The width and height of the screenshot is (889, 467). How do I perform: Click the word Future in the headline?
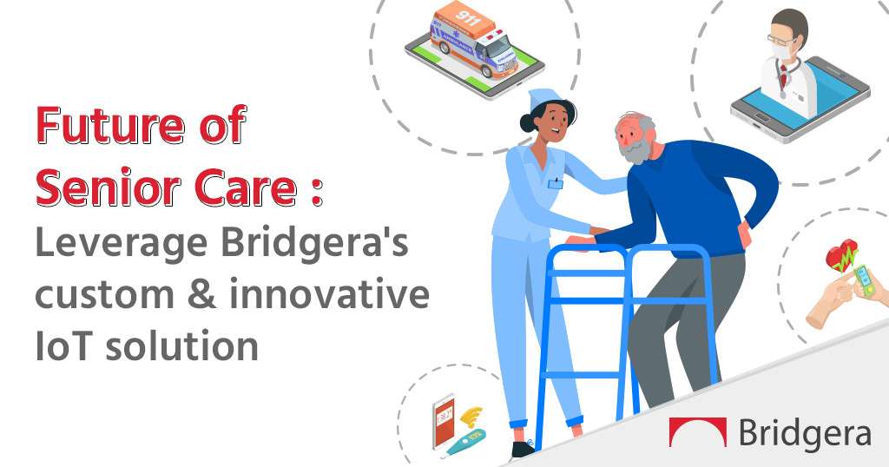pyautogui.click(x=110, y=125)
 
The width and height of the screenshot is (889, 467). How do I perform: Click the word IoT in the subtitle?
pyautogui.click(x=65, y=345)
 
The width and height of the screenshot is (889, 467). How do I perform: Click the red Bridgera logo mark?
pyautogui.click(x=697, y=432)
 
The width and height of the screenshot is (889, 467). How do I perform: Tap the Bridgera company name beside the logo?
pyautogui.click(x=805, y=433)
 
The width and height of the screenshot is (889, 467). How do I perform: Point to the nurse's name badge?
pyautogui.click(x=555, y=184)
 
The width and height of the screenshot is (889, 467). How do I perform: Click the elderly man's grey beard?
pyautogui.click(x=636, y=150)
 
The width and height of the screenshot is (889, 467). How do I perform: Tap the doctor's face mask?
pyautogui.click(x=785, y=49)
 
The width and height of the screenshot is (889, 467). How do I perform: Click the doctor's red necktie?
pyautogui.click(x=784, y=77)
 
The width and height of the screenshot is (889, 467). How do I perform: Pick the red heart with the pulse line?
pyautogui.click(x=841, y=255)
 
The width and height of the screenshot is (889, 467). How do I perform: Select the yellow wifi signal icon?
pyautogui.click(x=471, y=418)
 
